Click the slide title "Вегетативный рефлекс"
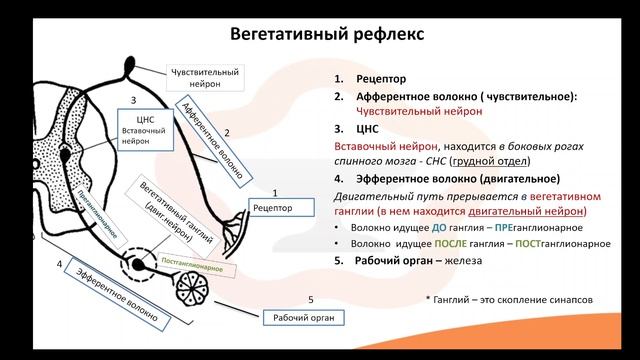click(319, 34)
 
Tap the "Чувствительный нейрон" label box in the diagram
click(206, 78)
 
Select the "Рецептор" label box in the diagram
click(273, 209)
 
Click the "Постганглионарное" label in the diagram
click(197, 266)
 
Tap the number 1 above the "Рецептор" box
click(274, 190)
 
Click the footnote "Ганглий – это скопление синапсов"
click(507, 299)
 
